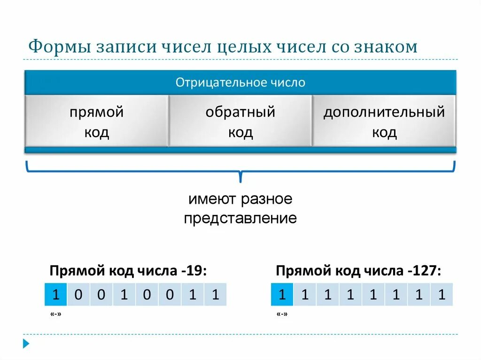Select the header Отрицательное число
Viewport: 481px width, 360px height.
[x=240, y=83]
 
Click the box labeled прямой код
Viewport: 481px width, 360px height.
[x=96, y=122]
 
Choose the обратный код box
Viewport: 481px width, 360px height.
[x=240, y=122]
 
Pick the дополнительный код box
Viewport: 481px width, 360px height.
[x=384, y=122]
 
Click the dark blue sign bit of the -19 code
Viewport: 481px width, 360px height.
[x=56, y=295]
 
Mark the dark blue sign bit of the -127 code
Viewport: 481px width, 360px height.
[x=282, y=295]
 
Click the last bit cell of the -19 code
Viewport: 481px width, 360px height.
[x=215, y=295]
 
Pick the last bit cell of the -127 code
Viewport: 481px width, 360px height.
[x=441, y=295]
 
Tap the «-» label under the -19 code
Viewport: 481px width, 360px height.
[x=55, y=314]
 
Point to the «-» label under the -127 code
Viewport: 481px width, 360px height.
[x=282, y=314]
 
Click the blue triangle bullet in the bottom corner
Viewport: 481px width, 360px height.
[x=26, y=344]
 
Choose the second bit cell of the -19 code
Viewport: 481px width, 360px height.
[x=78, y=295]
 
